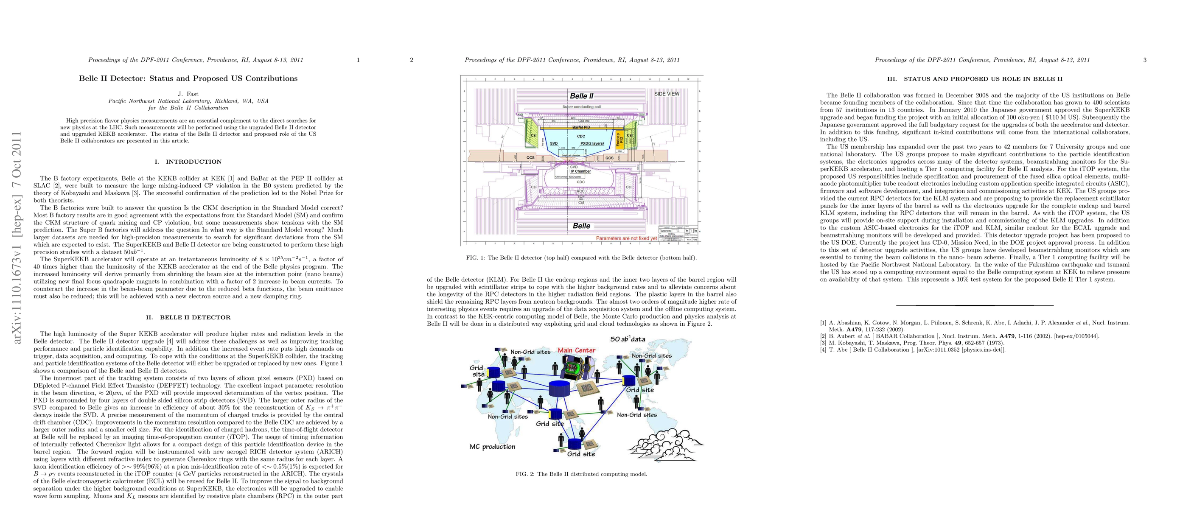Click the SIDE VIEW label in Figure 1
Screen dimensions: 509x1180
[667, 94]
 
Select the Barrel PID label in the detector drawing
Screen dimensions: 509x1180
[581, 127]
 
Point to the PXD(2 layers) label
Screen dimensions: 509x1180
[592, 143]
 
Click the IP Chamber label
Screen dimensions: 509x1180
[580, 171]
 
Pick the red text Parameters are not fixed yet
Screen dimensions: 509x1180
[626, 238]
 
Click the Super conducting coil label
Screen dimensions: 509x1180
[581, 106]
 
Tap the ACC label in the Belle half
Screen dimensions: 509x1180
[581, 191]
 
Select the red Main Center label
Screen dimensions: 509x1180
[576, 350]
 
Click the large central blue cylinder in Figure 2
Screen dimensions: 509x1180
[559, 389]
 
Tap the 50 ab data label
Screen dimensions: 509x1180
[628, 339]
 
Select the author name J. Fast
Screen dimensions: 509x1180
[188, 94]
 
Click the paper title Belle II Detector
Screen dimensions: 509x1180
[188, 78]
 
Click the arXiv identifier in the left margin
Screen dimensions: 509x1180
[17, 238]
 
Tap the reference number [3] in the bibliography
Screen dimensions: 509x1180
[823, 343]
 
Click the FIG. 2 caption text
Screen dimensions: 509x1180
[581, 474]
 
